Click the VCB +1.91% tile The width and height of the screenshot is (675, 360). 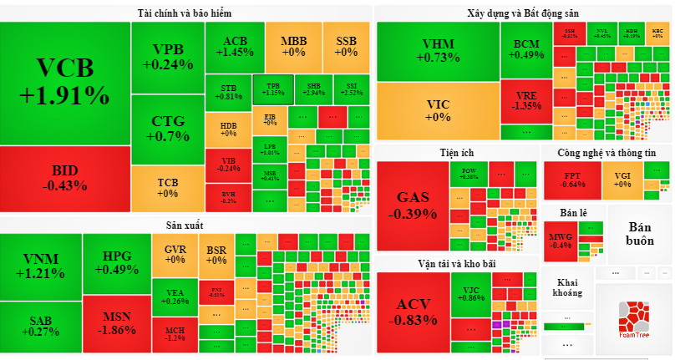pyautogui.click(x=64, y=82)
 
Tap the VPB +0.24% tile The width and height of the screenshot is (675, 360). pyautogui.click(x=167, y=57)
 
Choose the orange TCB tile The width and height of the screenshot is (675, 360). pyautogui.click(x=167, y=187)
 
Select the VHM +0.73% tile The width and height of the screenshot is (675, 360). pyautogui.click(x=438, y=50)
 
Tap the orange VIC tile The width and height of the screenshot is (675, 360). pyautogui.click(x=438, y=110)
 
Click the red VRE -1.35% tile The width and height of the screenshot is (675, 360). pyautogui.click(x=526, y=101)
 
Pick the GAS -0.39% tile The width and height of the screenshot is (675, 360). pyautogui.click(x=413, y=205)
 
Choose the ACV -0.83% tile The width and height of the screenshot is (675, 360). pyautogui.click(x=413, y=311)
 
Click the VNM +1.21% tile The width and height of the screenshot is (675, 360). pyautogui.click(x=42, y=266)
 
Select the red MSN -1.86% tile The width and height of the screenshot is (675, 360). pyautogui.click(x=116, y=323)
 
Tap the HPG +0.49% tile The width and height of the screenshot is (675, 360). pyautogui.click(x=116, y=262)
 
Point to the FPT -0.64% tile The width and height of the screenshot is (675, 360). pyautogui.click(x=572, y=180)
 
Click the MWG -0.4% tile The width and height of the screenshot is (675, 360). pyautogui.click(x=560, y=241)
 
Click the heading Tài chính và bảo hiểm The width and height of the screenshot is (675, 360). pyautogui.click(x=185, y=13)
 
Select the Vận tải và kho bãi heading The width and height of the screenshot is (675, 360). pyautogui.click(x=456, y=263)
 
